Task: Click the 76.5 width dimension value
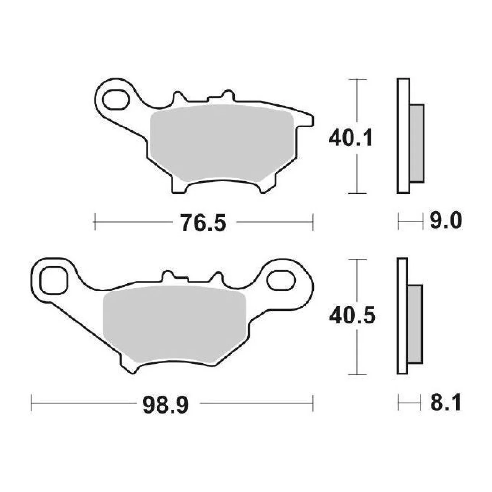pos(203,222)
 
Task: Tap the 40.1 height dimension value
pos(350,138)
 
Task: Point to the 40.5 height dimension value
pos(352,315)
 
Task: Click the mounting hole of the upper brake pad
pos(116,99)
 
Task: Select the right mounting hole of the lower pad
pos(281,281)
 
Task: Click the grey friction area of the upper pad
pos(221,143)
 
